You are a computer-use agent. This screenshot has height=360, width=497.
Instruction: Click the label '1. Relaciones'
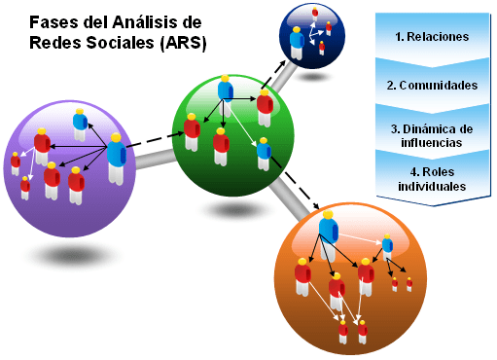coord(432,37)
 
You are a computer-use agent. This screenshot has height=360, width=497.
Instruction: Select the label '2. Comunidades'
coord(432,86)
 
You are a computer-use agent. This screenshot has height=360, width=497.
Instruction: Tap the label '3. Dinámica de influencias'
coord(432,135)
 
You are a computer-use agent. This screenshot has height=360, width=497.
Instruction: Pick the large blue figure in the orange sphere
coord(329,234)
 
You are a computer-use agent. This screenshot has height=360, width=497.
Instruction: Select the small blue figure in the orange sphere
coord(387,245)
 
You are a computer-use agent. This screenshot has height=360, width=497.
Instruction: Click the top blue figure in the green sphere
coord(226,90)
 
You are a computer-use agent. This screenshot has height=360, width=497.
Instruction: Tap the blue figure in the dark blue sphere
coord(297,44)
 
